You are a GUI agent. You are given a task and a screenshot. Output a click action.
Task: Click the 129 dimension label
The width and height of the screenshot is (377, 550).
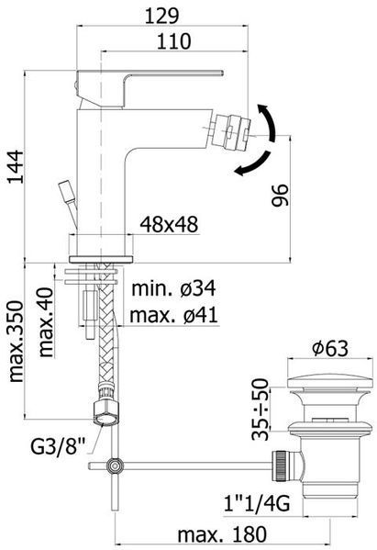point(161,17)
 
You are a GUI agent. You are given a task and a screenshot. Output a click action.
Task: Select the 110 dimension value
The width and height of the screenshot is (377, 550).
point(173,41)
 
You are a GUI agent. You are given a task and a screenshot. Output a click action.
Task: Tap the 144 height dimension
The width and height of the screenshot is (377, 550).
point(16,166)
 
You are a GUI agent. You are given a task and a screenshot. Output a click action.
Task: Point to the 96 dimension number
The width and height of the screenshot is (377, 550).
point(281,195)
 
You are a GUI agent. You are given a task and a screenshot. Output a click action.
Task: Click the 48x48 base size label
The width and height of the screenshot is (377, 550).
point(169,224)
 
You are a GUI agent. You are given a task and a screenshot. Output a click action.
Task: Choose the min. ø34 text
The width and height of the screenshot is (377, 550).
point(173,288)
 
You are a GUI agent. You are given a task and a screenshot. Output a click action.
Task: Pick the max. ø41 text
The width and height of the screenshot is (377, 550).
point(173,315)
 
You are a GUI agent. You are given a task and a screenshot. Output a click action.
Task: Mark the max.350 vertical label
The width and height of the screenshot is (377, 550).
point(16,341)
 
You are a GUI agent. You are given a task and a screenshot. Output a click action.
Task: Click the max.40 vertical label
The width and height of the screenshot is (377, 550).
point(46,322)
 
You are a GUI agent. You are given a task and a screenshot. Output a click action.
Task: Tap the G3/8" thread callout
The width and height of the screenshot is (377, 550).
point(58,446)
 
